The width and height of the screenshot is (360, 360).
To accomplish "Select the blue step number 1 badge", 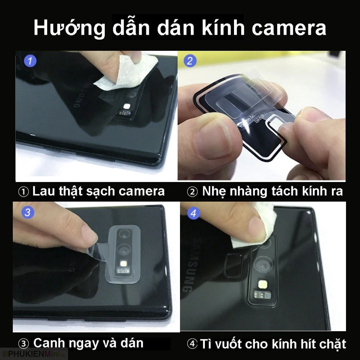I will tap(30, 61).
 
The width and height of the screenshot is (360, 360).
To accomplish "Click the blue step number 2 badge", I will tap(190, 61).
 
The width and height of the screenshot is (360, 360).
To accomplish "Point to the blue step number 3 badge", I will tap(27, 212).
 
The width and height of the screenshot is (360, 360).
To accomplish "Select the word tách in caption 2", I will tap(280, 191).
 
